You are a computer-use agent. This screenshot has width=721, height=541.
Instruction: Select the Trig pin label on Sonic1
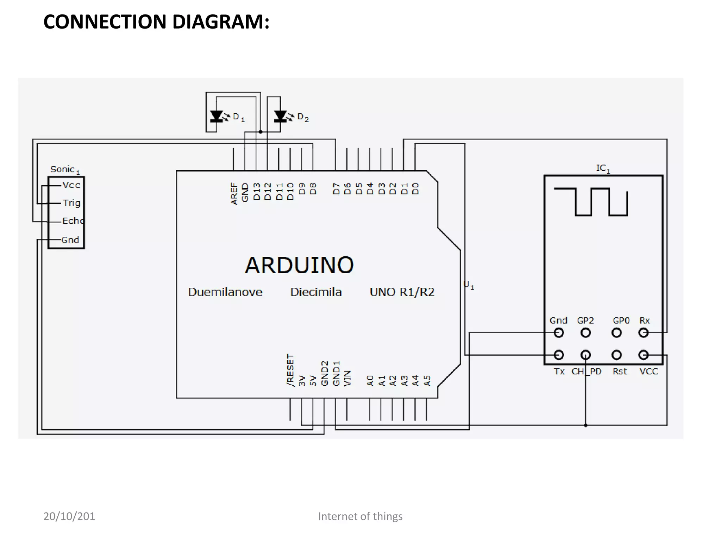[71, 203]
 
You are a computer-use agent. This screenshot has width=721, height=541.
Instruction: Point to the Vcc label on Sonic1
[71, 185]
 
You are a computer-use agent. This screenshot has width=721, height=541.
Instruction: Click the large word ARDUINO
[299, 265]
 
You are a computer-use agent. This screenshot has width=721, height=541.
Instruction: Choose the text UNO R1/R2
[402, 292]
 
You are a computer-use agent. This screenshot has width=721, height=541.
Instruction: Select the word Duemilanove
[225, 292]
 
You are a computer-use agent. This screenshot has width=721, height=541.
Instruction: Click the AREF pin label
[234, 193]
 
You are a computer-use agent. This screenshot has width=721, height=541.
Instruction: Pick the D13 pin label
[257, 192]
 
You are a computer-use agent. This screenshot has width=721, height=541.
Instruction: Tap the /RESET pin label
[290, 370]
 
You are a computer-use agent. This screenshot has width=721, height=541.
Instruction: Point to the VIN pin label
[347, 378]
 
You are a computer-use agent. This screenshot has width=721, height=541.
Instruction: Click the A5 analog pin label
[427, 381]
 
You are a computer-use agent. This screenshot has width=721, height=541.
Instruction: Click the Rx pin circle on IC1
[644, 332]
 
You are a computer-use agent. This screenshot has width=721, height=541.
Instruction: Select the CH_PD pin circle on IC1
[585, 355]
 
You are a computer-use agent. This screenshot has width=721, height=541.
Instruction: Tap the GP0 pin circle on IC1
[616, 332]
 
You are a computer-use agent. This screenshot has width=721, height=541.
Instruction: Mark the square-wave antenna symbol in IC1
[591, 202]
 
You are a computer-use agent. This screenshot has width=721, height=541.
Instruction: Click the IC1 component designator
[603, 168]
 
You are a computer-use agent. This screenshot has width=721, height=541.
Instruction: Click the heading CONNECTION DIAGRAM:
[156, 22]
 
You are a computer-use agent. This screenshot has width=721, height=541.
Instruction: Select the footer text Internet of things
[360, 516]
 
